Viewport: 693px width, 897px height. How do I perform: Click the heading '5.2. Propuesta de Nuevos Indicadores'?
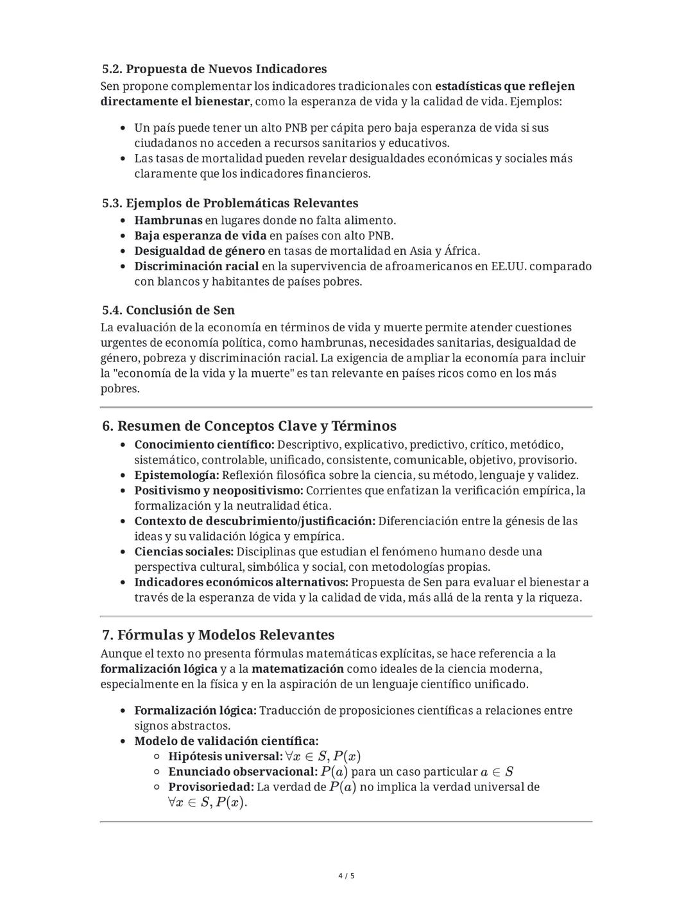point(214,69)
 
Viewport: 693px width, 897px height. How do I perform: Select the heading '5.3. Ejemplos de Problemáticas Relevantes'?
point(230,203)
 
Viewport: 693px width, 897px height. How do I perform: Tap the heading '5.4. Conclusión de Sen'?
point(168,310)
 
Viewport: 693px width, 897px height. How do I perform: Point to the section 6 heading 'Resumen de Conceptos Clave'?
point(249,426)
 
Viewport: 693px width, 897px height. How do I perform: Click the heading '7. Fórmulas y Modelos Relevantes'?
point(218,634)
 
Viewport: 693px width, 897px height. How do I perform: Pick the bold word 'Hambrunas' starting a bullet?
point(167,220)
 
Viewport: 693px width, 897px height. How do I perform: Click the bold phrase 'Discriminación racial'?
point(196,266)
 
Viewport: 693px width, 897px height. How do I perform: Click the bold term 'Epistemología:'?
point(176,475)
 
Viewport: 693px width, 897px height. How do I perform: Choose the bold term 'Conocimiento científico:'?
point(204,444)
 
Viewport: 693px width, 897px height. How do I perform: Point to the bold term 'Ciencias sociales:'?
point(184,552)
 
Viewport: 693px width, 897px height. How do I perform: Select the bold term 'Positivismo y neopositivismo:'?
point(218,491)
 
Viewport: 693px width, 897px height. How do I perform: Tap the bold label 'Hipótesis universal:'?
point(225,756)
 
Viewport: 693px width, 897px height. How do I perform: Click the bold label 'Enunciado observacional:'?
point(243,772)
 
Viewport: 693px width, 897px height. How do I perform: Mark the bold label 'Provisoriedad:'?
point(210,787)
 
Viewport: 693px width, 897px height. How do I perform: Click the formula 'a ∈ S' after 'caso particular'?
point(497,772)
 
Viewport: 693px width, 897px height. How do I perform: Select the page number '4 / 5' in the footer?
point(346,876)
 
